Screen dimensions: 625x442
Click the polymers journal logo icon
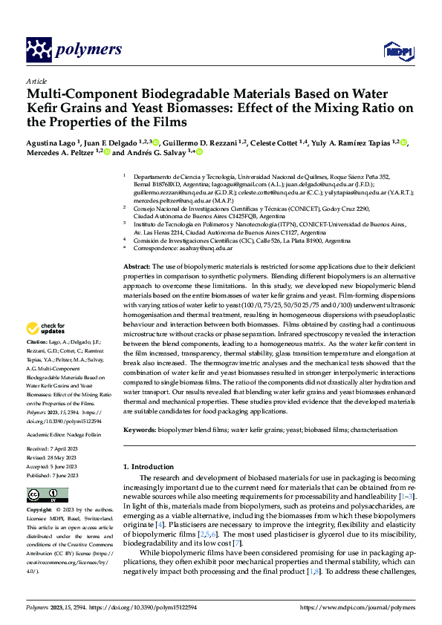pos(40,50)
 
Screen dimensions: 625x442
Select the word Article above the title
pos(36,81)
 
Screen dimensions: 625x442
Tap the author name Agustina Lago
pos(51,143)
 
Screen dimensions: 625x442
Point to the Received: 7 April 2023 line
pos(57,450)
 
